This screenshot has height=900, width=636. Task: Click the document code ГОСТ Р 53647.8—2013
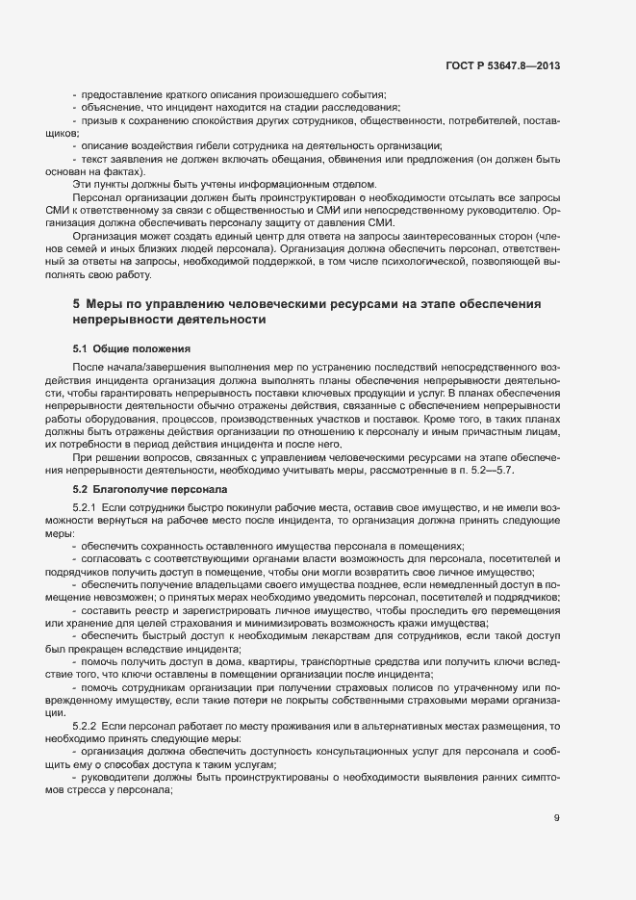coord(503,65)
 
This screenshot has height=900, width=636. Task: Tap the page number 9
coord(557,819)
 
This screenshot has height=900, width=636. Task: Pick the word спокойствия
coord(217,120)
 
